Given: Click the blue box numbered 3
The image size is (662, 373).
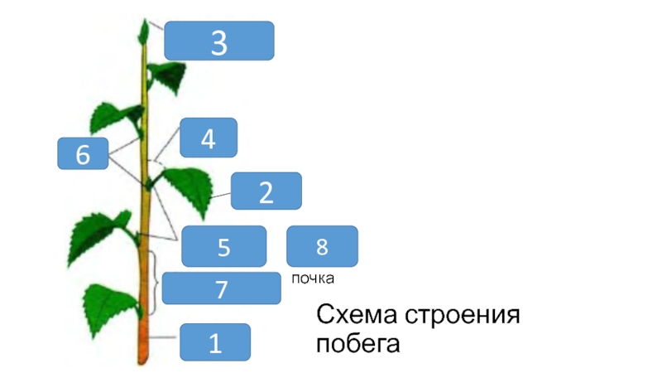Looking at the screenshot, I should pyautogui.click(x=218, y=41).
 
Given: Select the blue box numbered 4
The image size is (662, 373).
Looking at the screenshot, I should pyautogui.click(x=209, y=138).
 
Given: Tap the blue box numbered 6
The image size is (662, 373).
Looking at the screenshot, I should pyautogui.click(x=83, y=154).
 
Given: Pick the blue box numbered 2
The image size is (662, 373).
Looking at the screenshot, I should pyautogui.click(x=266, y=191).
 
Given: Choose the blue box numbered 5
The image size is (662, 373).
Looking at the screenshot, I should pyautogui.click(x=223, y=246).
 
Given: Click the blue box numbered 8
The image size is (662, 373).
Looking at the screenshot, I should pyautogui.click(x=322, y=245).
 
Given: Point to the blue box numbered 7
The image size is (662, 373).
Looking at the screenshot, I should pyautogui.click(x=221, y=288).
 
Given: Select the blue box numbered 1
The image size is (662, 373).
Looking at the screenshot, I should pyautogui.click(x=215, y=341).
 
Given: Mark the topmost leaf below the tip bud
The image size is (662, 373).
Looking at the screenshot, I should pyautogui.click(x=169, y=75).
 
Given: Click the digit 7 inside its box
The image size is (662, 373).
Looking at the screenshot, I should pyautogui.click(x=221, y=289).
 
